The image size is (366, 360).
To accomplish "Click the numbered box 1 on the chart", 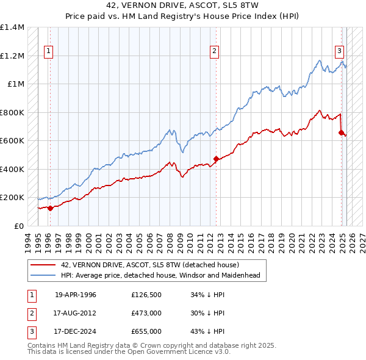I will coord(48,52).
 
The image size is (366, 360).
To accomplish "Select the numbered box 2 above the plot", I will coord(215,52).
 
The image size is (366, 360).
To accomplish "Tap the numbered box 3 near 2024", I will coord(339,52).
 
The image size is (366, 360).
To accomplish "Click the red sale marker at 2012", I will coord(216,159).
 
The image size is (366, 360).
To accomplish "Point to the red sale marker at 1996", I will coord(50,207).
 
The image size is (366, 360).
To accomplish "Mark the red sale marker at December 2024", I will coord(342,133).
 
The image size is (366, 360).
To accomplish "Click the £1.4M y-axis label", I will coord(12,27).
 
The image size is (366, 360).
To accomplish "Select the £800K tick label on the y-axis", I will coord(12,112).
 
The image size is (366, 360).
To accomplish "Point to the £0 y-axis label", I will coord(18,226).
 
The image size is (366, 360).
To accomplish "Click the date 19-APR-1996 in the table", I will coord(76,295).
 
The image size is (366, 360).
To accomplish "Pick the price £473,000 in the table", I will coord(146,313).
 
